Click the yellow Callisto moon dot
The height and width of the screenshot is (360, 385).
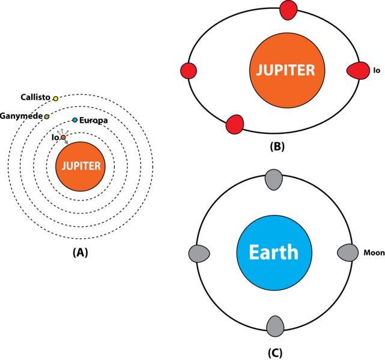pyautogui.click(x=55, y=98)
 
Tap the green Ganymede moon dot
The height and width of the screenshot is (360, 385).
pyautogui.click(x=46, y=116)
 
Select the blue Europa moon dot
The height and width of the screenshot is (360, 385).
pyautogui.click(x=74, y=121)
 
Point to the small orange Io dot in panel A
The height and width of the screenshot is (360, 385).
pyautogui.click(x=62, y=137)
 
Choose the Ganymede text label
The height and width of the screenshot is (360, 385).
pyautogui.click(x=21, y=115)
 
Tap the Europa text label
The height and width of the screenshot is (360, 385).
pyautogui.click(x=94, y=121)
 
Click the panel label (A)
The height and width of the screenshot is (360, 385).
pyautogui.click(x=80, y=253)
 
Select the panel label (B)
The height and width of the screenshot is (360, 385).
pyautogui.click(x=278, y=146)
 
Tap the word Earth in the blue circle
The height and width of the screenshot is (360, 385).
pyautogui.click(x=274, y=251)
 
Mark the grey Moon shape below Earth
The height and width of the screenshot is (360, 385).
pyautogui.click(x=274, y=326)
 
